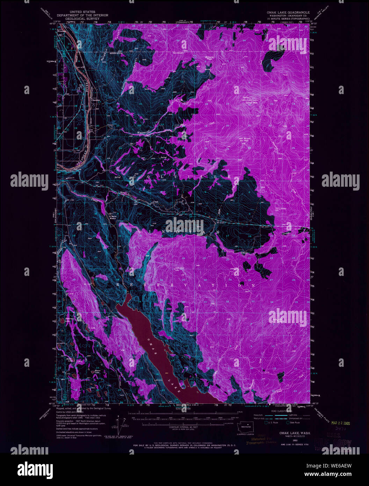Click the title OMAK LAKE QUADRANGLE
coord(288,12)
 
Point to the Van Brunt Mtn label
coord(245,139)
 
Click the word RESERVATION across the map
coord(185,285)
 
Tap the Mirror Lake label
coord(97,372)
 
